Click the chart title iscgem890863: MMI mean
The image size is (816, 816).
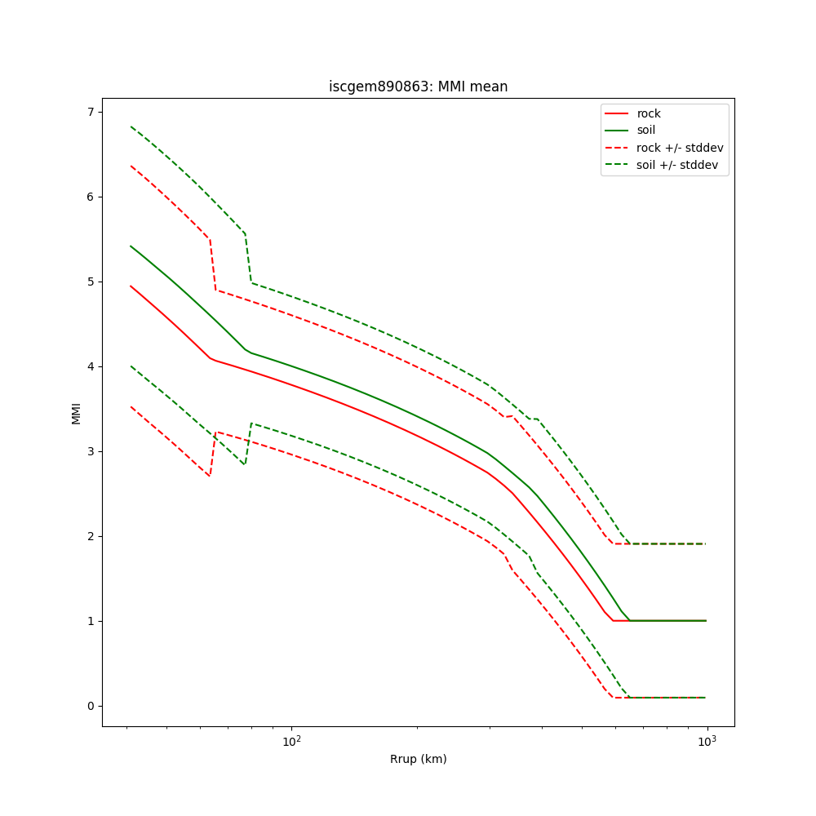click(x=418, y=86)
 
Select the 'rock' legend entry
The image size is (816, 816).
click(x=649, y=113)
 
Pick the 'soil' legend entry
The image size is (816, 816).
click(x=646, y=130)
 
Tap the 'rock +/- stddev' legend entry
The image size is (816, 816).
click(x=680, y=148)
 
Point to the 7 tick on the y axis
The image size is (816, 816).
click(x=90, y=112)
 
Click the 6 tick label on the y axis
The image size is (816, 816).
click(x=90, y=197)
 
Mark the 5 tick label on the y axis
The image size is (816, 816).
click(x=90, y=282)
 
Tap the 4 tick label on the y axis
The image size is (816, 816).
click(x=90, y=366)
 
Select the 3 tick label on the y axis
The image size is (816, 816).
click(x=90, y=451)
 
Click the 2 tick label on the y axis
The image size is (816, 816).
click(x=90, y=536)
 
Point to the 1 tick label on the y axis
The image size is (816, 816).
click(x=90, y=621)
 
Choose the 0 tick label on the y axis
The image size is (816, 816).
click(x=90, y=706)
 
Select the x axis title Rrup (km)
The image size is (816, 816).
click(x=418, y=759)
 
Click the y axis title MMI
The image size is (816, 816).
click(x=76, y=412)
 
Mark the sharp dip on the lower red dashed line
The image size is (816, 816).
click(x=210, y=476)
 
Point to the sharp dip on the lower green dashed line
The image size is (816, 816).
click(x=244, y=464)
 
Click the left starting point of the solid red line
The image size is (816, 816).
click(x=131, y=286)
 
